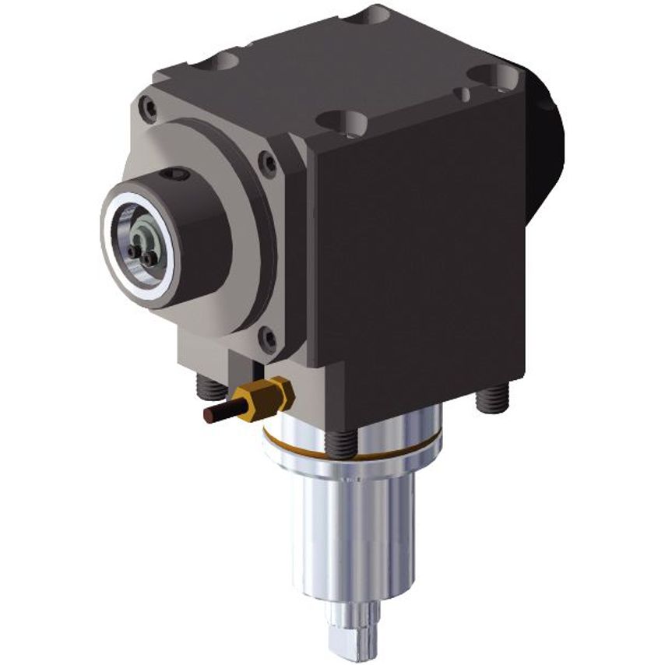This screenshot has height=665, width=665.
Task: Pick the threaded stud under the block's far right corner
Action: (488, 399)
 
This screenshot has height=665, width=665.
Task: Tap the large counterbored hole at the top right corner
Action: (496, 76)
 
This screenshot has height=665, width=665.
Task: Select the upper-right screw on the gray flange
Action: (269, 164)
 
